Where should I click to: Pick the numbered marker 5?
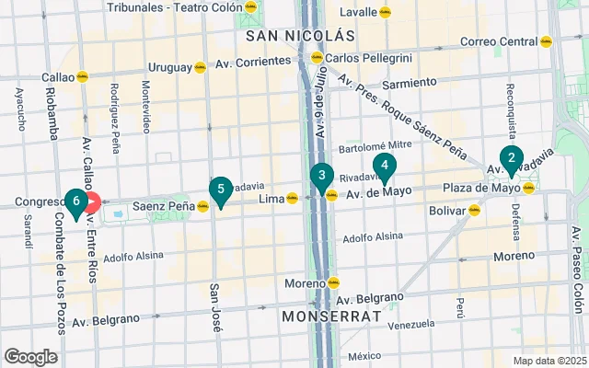pyautogui.click(x=220, y=190)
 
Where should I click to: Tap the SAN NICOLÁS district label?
pyautogui.click(x=300, y=36)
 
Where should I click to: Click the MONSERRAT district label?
pyautogui.click(x=331, y=316)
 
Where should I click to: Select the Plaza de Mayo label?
pyautogui.click(x=481, y=189)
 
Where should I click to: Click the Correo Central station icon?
pyautogui.click(x=546, y=41)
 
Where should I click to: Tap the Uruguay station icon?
pyautogui.click(x=200, y=67)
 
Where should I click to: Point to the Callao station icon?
pyautogui.click(x=82, y=77)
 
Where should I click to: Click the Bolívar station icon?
pyautogui.click(x=475, y=210)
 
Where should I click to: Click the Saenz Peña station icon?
pyautogui.click(x=202, y=206)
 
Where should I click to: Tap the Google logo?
pyautogui.click(x=31, y=357)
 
